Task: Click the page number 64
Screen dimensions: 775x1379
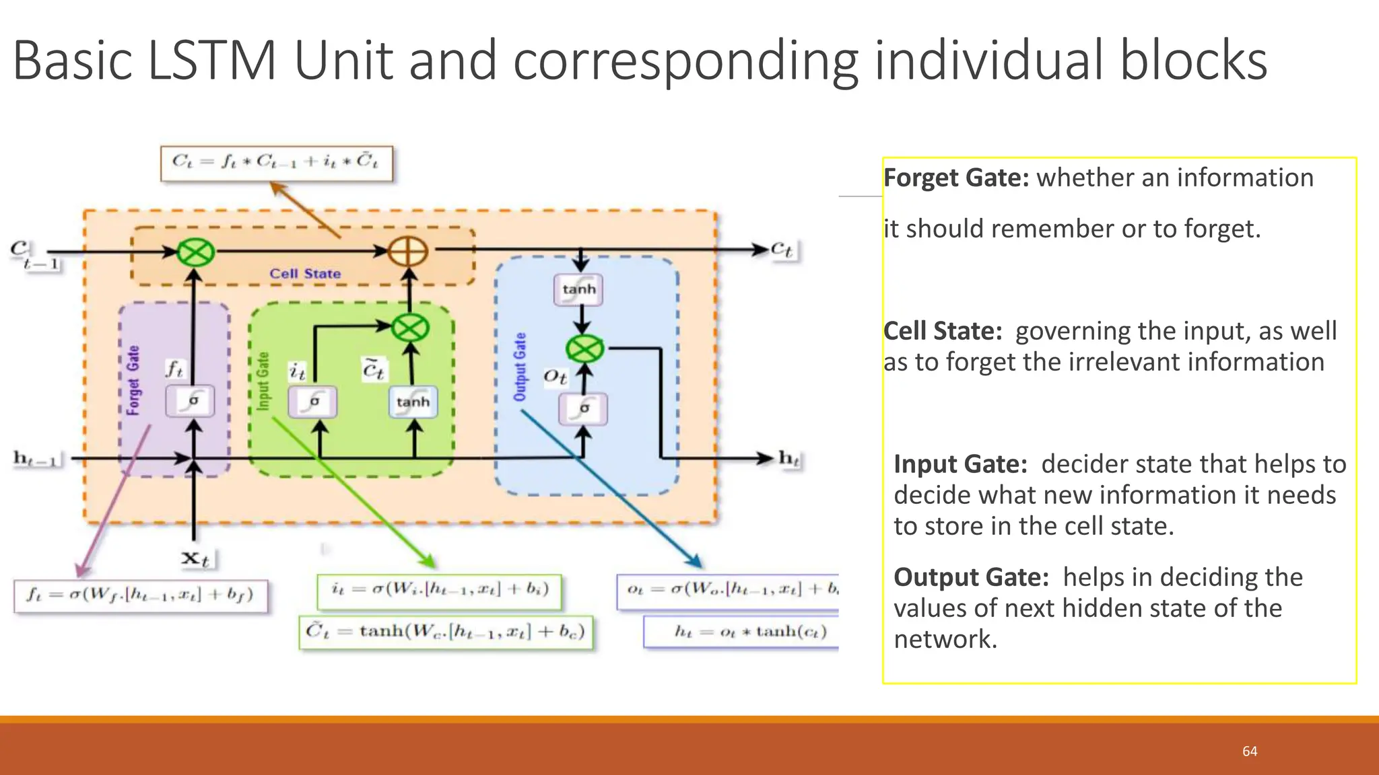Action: pyautogui.click(x=1249, y=751)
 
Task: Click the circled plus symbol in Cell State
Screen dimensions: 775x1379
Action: pyautogui.click(x=409, y=252)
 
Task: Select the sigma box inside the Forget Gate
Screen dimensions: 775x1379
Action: pyautogui.click(x=191, y=401)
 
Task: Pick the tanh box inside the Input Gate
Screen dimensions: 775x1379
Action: pyautogui.click(x=413, y=402)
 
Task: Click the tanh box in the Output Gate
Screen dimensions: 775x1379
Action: pyautogui.click(x=579, y=289)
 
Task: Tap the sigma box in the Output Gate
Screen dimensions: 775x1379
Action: pyautogui.click(x=583, y=408)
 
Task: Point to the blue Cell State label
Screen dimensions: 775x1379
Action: pyautogui.click(x=305, y=274)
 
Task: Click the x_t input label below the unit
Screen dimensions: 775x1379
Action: pyautogui.click(x=196, y=558)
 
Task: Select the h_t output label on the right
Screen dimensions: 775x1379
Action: pyautogui.click(x=788, y=459)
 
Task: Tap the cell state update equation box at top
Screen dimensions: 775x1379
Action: pyautogui.click(x=276, y=163)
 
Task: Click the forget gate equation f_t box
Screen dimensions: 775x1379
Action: pyautogui.click(x=140, y=595)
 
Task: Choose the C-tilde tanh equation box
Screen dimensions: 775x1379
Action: pyautogui.click(x=446, y=632)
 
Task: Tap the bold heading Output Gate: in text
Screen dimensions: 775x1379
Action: pyautogui.click(x=971, y=577)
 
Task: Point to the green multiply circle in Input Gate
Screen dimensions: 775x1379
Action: pyautogui.click(x=410, y=328)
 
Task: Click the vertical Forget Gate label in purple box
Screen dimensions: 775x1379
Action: pyautogui.click(x=133, y=380)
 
